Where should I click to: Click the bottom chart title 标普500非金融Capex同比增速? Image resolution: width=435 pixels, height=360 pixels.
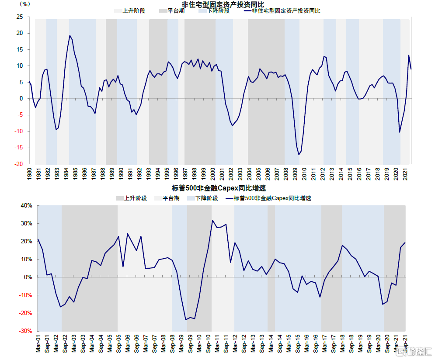(x=219, y=189)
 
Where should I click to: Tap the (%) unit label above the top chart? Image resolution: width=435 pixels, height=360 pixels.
(x=25, y=4)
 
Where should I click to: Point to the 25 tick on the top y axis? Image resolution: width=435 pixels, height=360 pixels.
(x=19, y=17)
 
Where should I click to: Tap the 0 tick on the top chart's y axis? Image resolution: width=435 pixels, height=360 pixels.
(x=21, y=99)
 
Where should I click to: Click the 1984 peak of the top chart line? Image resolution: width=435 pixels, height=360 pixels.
(x=70, y=35)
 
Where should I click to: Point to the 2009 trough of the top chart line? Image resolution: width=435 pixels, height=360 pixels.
(x=299, y=155)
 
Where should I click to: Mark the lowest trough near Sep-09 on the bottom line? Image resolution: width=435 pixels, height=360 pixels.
(x=186, y=320)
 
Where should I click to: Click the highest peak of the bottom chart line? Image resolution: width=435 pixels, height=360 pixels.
(x=212, y=220)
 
